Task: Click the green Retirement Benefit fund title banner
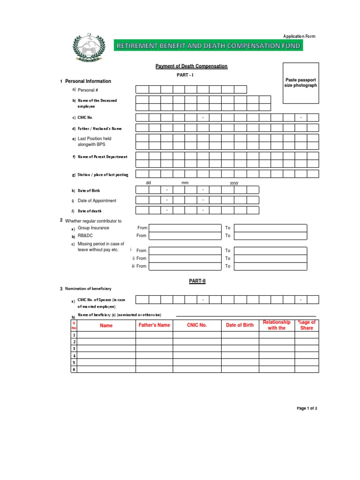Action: coord(209,45)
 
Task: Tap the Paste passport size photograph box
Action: coord(300,82)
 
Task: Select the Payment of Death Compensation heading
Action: coord(191,67)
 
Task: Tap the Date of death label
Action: coord(90,211)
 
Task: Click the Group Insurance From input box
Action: coord(184,228)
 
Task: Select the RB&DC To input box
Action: coord(270,235)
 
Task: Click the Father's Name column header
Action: coord(154,325)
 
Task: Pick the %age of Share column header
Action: coord(307,325)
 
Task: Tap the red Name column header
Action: coord(106,325)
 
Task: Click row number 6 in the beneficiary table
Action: coord(74,369)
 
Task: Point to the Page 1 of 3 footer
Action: coord(307,408)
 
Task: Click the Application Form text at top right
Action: coord(299,36)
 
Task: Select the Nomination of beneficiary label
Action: coord(88,288)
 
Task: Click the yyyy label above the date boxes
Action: coord(234,183)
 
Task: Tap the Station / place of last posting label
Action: coord(103,174)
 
